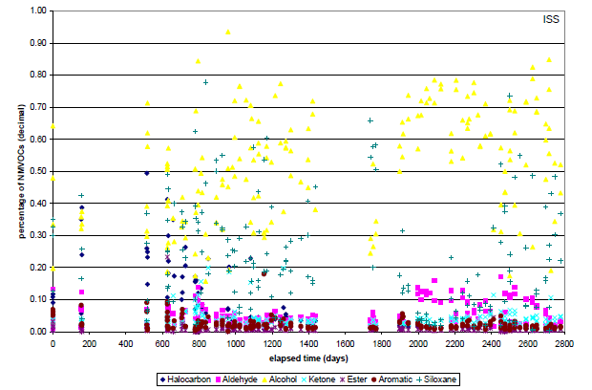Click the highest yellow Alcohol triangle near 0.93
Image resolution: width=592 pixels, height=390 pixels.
[x=227, y=32]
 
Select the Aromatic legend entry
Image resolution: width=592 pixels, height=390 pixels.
[x=448, y=379]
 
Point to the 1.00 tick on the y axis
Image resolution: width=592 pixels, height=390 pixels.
[x=38, y=11]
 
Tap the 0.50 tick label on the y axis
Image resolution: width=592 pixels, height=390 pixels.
[x=38, y=171]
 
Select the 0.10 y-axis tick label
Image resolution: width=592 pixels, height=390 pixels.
[x=38, y=299]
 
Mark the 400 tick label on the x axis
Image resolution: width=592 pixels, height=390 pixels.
[x=126, y=342]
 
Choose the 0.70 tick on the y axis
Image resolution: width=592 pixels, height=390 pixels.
[x=38, y=107]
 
